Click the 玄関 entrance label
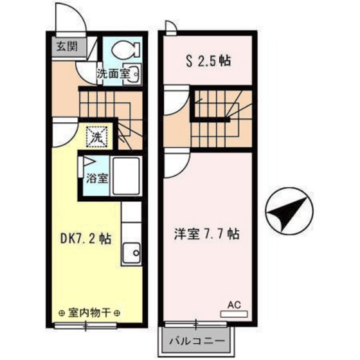point(67,46)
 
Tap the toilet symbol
point(125,50)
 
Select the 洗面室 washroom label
point(113,74)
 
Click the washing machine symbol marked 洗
point(96,137)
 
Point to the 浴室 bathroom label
point(97,178)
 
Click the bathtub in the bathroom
point(126,176)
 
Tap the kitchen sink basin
point(131,253)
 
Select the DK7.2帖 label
point(85,239)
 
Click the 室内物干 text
point(89,312)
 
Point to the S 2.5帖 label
point(208,61)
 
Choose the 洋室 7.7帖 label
point(206,234)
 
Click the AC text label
point(234,305)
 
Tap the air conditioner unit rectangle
point(234,314)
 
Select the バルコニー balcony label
point(197,341)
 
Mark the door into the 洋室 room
point(176,163)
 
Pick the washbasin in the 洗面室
point(134,74)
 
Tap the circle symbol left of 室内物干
point(61,313)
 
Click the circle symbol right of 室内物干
point(117,313)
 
